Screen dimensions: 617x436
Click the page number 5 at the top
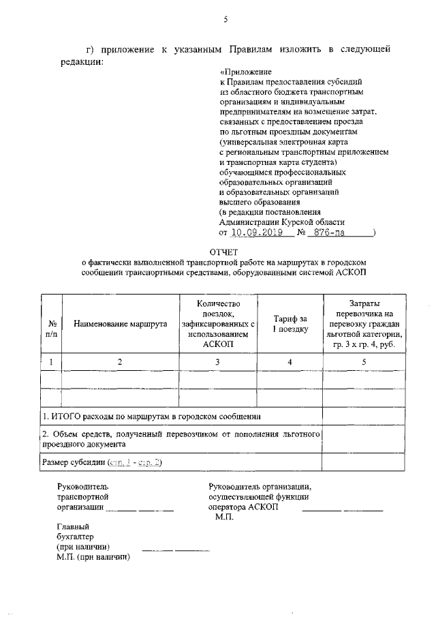point(225,20)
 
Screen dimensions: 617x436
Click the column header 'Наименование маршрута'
point(121,324)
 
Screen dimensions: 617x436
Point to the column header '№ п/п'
point(52,329)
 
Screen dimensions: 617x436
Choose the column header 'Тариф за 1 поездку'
point(290,324)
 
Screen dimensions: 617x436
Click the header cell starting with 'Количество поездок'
point(217,324)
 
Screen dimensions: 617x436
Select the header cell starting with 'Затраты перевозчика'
point(364,324)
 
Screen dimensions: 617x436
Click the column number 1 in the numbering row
point(52,361)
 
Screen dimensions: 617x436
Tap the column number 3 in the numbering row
point(217,361)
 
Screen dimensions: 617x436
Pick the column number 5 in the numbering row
point(364,361)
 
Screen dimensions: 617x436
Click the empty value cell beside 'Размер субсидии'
point(364,462)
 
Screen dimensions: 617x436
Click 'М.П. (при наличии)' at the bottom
point(93,556)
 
